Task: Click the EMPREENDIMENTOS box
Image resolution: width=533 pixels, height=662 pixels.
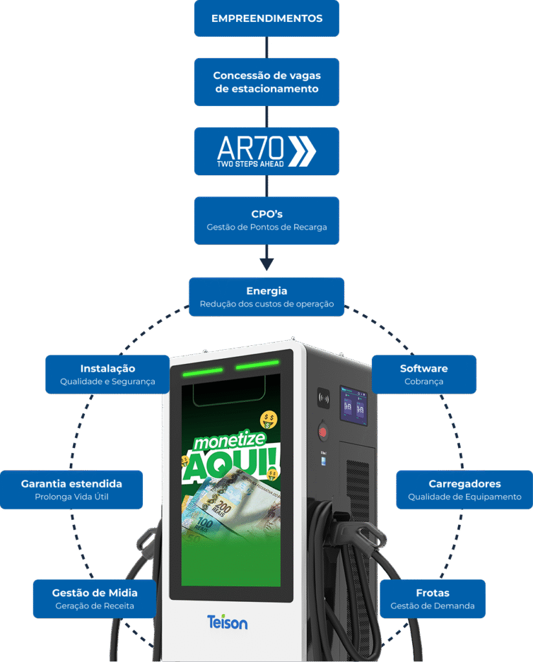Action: pyautogui.click(x=266, y=18)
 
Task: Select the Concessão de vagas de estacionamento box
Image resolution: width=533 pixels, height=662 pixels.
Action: pyautogui.click(x=266, y=82)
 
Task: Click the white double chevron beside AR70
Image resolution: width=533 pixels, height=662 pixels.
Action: pyautogui.click(x=301, y=151)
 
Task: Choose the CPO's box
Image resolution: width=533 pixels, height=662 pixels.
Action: pyautogui.click(x=266, y=220)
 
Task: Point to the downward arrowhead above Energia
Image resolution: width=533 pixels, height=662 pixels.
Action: pyautogui.click(x=266, y=264)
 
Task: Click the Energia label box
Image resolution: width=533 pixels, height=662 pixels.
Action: pyautogui.click(x=266, y=297)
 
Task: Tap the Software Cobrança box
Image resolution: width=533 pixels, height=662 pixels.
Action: pyautogui.click(x=424, y=374)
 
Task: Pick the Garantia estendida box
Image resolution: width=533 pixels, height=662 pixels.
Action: pyautogui.click(x=71, y=489)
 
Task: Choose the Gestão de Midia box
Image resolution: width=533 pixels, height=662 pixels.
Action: pyautogui.click(x=94, y=599)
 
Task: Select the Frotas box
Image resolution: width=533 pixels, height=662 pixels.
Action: pyautogui.click(x=432, y=599)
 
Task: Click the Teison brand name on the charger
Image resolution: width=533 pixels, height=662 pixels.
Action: pyautogui.click(x=227, y=623)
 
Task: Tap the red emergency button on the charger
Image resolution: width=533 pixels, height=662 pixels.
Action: pyautogui.click(x=322, y=431)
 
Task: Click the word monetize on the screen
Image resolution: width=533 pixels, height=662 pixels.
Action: pyautogui.click(x=226, y=442)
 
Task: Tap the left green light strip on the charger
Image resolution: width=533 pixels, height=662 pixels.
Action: pyautogui.click(x=201, y=372)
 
